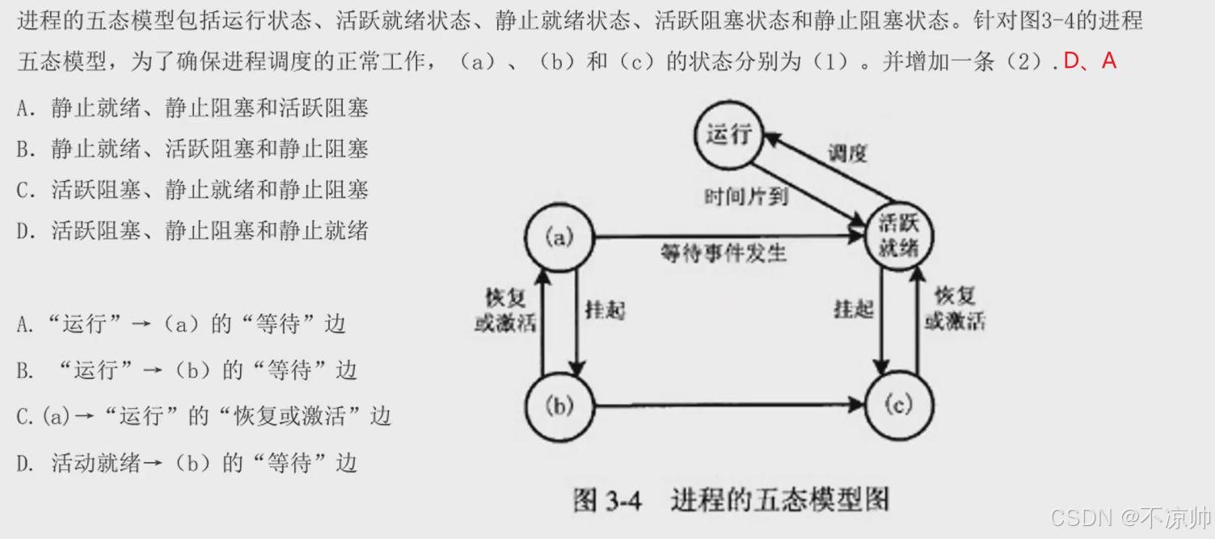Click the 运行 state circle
728,134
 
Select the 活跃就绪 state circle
899,237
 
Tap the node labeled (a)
559,237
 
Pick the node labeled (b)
559,406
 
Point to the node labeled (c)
899,406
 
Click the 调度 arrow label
847,153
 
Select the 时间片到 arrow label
745,196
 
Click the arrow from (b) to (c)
728,405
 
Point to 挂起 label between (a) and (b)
605,310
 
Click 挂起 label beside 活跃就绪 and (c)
854,308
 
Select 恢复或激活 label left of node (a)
505,310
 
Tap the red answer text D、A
1090,61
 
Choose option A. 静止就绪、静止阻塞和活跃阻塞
192,108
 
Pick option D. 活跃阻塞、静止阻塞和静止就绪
192,231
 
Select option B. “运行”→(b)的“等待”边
186,370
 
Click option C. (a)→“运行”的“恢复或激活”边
204,416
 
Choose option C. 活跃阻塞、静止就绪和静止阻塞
192,190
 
